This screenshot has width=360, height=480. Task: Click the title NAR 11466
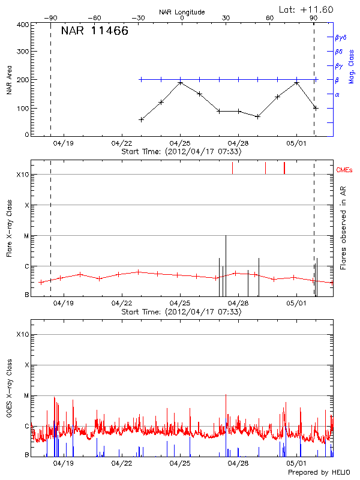tap(94, 31)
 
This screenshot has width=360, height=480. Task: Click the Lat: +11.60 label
tap(307, 9)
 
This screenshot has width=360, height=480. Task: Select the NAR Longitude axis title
tap(182, 11)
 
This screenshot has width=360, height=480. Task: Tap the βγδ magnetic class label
tap(340, 37)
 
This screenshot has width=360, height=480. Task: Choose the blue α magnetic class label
tap(337, 94)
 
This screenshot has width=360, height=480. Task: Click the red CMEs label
tap(345, 170)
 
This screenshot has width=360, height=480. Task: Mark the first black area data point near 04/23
tap(141, 119)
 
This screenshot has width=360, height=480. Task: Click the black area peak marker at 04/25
tap(180, 82)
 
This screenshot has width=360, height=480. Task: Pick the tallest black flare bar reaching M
tap(226, 264)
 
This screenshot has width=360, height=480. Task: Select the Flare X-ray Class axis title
tap(9, 229)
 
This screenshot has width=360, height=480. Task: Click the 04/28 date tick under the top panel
tap(238, 144)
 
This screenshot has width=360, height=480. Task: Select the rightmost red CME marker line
tap(284, 168)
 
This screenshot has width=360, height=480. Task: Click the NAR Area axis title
tap(9, 80)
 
